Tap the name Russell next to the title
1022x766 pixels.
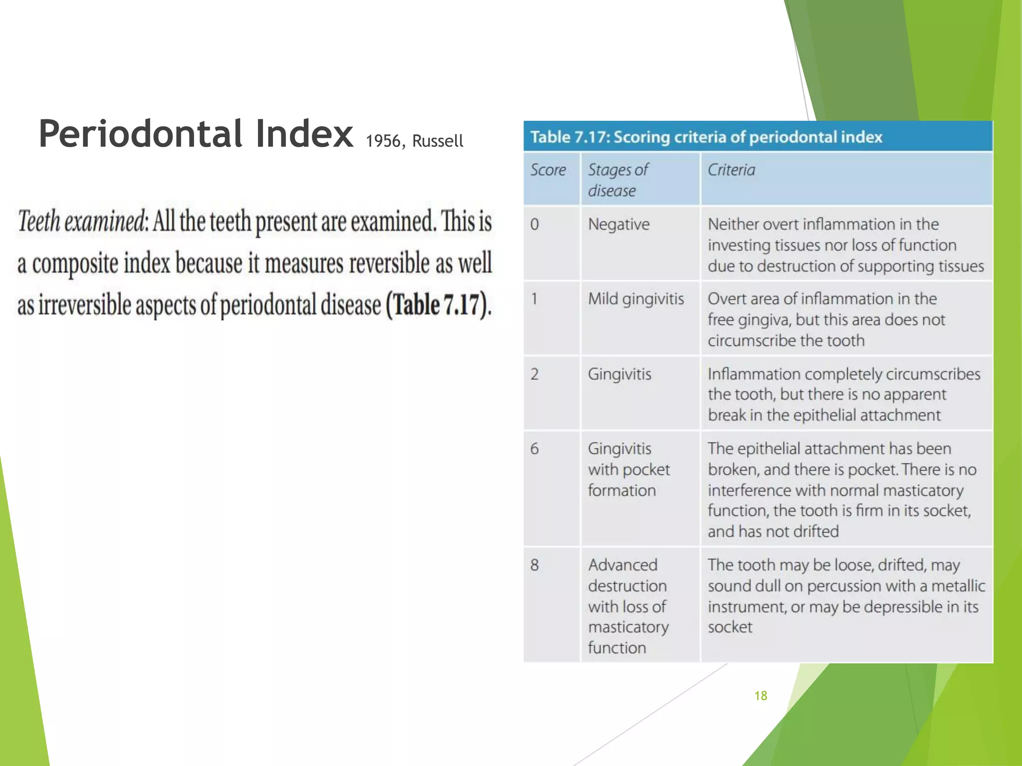(x=438, y=141)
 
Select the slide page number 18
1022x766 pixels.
(x=761, y=696)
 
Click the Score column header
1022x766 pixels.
(x=548, y=170)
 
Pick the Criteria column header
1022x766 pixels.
(x=731, y=170)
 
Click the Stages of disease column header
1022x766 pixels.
(x=618, y=180)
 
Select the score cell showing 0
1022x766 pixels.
(x=534, y=224)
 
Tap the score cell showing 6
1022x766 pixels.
(x=534, y=449)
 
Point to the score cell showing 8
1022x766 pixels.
(x=534, y=565)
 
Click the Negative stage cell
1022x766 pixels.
(x=619, y=224)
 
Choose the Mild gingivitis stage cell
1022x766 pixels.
(x=636, y=299)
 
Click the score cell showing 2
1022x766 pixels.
(x=534, y=374)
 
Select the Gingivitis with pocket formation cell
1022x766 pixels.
(x=628, y=469)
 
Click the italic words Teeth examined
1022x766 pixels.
(x=82, y=221)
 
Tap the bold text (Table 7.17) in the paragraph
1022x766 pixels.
(x=438, y=305)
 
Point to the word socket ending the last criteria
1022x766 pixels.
(x=730, y=627)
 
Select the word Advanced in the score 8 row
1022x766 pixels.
(x=622, y=565)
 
